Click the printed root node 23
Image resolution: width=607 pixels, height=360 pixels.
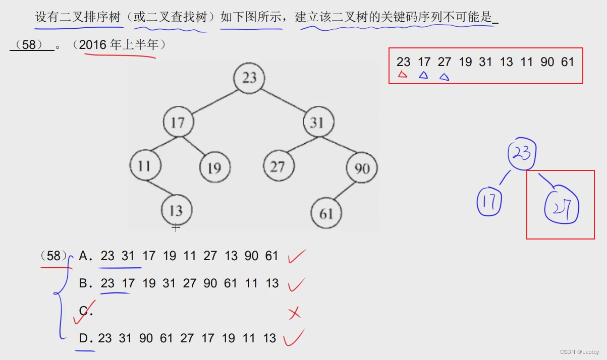[249, 78]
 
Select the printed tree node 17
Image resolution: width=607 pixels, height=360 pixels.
[178, 122]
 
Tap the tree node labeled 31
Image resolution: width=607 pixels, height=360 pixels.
[318, 123]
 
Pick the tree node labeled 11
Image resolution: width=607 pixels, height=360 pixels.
[145, 166]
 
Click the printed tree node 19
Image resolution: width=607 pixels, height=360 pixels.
[214, 167]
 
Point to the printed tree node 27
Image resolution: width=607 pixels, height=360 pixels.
[278, 166]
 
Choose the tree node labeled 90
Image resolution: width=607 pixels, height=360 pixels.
[362, 168]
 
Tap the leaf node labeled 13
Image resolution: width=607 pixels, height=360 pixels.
[176, 210]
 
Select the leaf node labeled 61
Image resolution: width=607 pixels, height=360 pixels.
[326, 213]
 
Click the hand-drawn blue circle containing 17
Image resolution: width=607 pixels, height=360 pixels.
[489, 203]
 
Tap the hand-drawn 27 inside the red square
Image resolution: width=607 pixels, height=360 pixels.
[562, 208]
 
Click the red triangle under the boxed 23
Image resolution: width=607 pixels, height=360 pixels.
[402, 75]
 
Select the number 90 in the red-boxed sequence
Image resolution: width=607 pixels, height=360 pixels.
[547, 62]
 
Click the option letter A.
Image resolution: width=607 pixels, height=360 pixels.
[84, 256]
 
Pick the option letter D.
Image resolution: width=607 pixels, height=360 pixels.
[84, 338]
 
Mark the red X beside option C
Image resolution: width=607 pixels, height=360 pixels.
[295, 313]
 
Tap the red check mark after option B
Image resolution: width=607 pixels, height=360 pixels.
[297, 285]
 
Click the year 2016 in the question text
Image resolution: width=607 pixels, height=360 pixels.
[93, 45]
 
